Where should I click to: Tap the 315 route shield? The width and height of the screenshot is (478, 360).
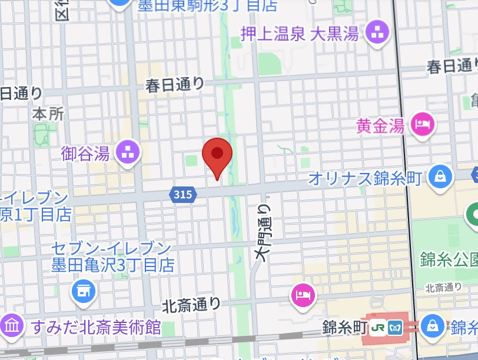click(x=183, y=194)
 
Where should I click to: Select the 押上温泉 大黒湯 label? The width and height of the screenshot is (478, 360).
click(x=300, y=34)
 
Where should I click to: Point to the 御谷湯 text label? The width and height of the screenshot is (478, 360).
click(x=85, y=154)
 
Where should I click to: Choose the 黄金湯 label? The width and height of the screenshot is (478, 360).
click(x=380, y=125)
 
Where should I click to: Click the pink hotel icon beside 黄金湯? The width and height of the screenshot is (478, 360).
click(x=423, y=124)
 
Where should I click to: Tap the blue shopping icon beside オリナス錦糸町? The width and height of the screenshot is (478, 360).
click(x=439, y=176)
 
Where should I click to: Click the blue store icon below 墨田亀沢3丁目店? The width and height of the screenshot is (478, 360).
click(x=84, y=290)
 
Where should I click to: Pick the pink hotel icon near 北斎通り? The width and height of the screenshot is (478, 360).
click(x=303, y=294)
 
